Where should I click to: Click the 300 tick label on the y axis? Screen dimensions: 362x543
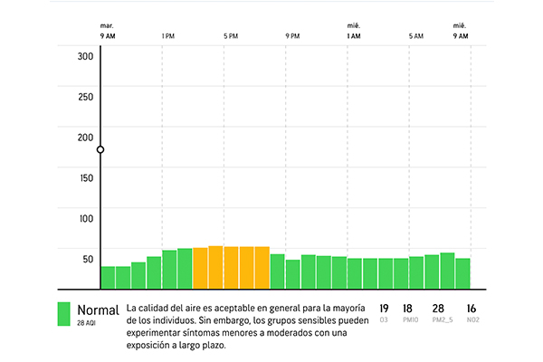(x=86, y=56)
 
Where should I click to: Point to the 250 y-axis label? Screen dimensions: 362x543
(x=86, y=97)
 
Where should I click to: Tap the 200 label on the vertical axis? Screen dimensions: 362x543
(x=86, y=138)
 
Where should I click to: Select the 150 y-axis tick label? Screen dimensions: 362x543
(x=86, y=177)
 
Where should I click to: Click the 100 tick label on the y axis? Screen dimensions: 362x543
(x=86, y=218)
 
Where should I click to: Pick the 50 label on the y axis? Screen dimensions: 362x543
(x=88, y=259)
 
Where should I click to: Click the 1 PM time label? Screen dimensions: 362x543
(x=167, y=36)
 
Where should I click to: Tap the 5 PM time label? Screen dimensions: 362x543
(x=230, y=36)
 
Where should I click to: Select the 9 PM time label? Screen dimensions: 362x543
(x=292, y=36)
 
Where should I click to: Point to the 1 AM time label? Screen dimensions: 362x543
(x=353, y=36)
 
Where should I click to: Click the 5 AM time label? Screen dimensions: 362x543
(x=415, y=36)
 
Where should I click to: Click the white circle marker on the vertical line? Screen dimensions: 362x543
(x=100, y=149)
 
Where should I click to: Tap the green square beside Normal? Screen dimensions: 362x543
(x=63, y=314)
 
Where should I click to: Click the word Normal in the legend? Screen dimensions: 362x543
(x=98, y=310)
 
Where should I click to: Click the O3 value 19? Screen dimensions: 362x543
(x=384, y=309)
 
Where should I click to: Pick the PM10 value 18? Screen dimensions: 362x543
(x=407, y=309)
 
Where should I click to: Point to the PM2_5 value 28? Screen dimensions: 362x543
(x=438, y=309)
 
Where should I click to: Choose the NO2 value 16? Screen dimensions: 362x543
(x=471, y=309)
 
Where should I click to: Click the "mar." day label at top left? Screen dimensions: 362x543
(x=107, y=25)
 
